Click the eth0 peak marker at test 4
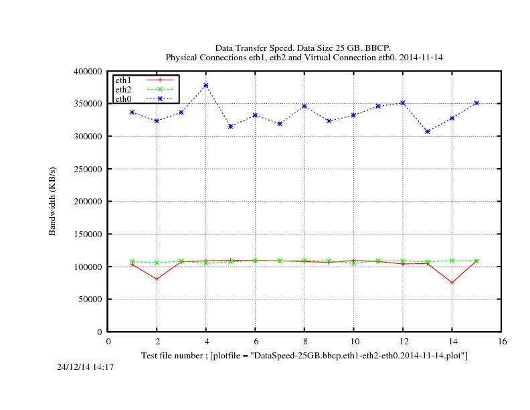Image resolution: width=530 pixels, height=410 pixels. point(206,85)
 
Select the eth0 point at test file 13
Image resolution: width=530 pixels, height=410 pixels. point(427,131)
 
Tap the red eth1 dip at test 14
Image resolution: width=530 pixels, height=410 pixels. point(452,282)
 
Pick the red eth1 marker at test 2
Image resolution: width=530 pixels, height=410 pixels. point(157,279)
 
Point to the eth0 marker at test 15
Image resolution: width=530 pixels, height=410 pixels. point(476,103)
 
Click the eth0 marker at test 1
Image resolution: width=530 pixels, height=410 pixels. point(132,112)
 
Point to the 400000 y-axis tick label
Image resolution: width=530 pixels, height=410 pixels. point(88,71)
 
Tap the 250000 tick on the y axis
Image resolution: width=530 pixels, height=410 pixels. point(88,169)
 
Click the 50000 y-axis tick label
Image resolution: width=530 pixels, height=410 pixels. point(90,299)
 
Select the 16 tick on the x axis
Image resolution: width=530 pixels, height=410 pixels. point(502,341)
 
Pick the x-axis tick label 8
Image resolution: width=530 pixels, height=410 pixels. point(304,341)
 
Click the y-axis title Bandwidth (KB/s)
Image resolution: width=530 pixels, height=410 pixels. point(52,201)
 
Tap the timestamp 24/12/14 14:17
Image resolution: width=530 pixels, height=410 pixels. point(85,366)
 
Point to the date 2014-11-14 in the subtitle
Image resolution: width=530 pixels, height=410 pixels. point(419,58)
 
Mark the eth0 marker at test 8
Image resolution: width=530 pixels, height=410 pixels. point(304,106)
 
